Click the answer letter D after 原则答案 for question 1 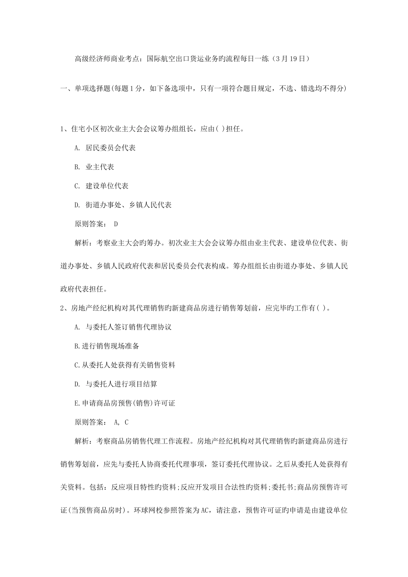(116, 224)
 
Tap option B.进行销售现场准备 (107, 346)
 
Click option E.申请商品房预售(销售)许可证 (125, 403)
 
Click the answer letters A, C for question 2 (122, 422)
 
